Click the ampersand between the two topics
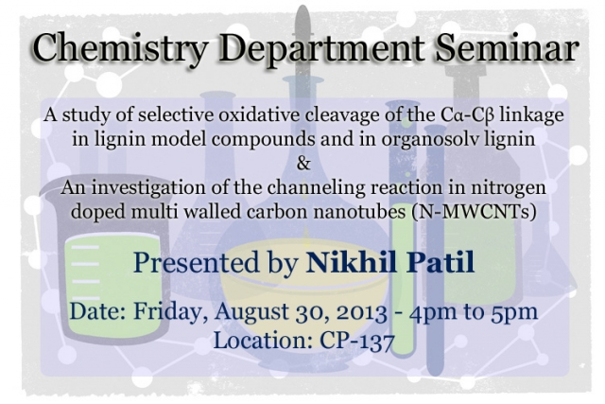point(303,163)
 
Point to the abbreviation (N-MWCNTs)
point(474,212)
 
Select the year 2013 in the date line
point(361,312)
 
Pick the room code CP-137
point(357,341)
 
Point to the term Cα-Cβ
point(467,115)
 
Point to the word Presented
point(196,262)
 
